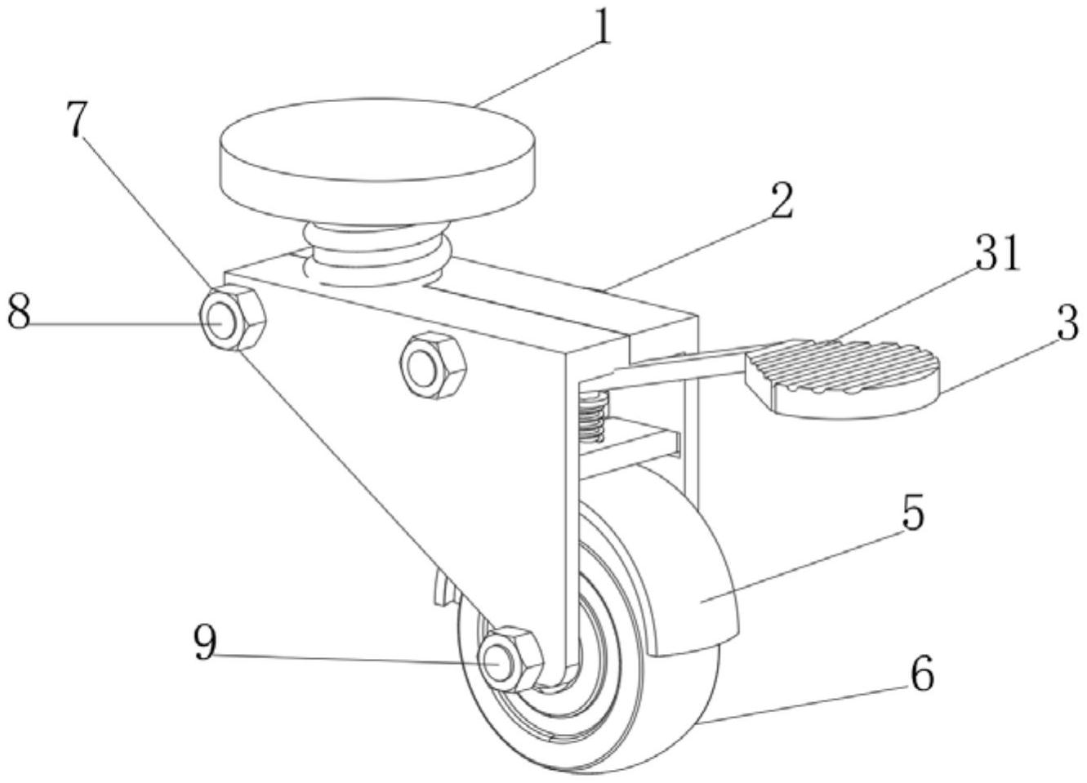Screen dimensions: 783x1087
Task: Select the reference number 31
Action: pyautogui.click(x=998, y=256)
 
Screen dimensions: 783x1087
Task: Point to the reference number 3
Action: pyautogui.click(x=1067, y=324)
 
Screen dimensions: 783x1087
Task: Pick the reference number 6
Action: pyautogui.click(x=921, y=674)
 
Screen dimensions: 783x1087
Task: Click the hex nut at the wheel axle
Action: pyautogui.click(x=510, y=658)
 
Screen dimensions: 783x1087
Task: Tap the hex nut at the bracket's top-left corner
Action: pyautogui.click(x=233, y=318)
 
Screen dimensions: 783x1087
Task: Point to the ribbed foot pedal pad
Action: pyautogui.click(x=841, y=371)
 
